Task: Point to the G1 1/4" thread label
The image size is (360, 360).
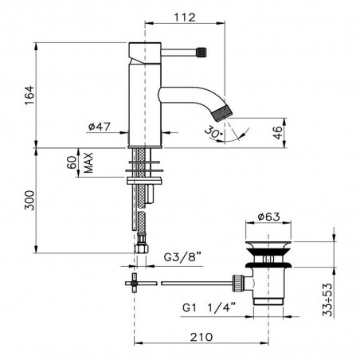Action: point(209,304)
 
